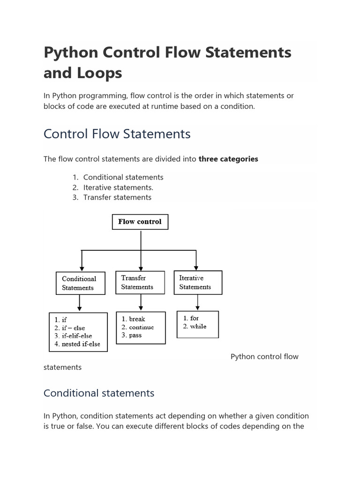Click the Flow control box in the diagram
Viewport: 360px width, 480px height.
tap(140, 222)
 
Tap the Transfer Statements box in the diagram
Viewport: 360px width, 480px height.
tap(140, 282)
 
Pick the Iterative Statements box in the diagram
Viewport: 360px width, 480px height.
tap(198, 282)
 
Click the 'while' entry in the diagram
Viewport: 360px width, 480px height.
tap(198, 326)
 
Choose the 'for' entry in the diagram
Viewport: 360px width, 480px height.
tap(195, 318)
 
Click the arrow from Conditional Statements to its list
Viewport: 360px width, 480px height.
tap(80, 303)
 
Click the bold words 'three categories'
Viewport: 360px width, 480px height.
tap(228, 159)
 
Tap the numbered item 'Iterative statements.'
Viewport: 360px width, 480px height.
tap(118, 187)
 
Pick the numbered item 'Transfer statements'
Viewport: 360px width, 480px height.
tap(117, 197)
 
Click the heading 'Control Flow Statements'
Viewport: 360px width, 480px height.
tap(117, 134)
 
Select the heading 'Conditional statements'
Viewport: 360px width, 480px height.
tap(99, 393)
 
